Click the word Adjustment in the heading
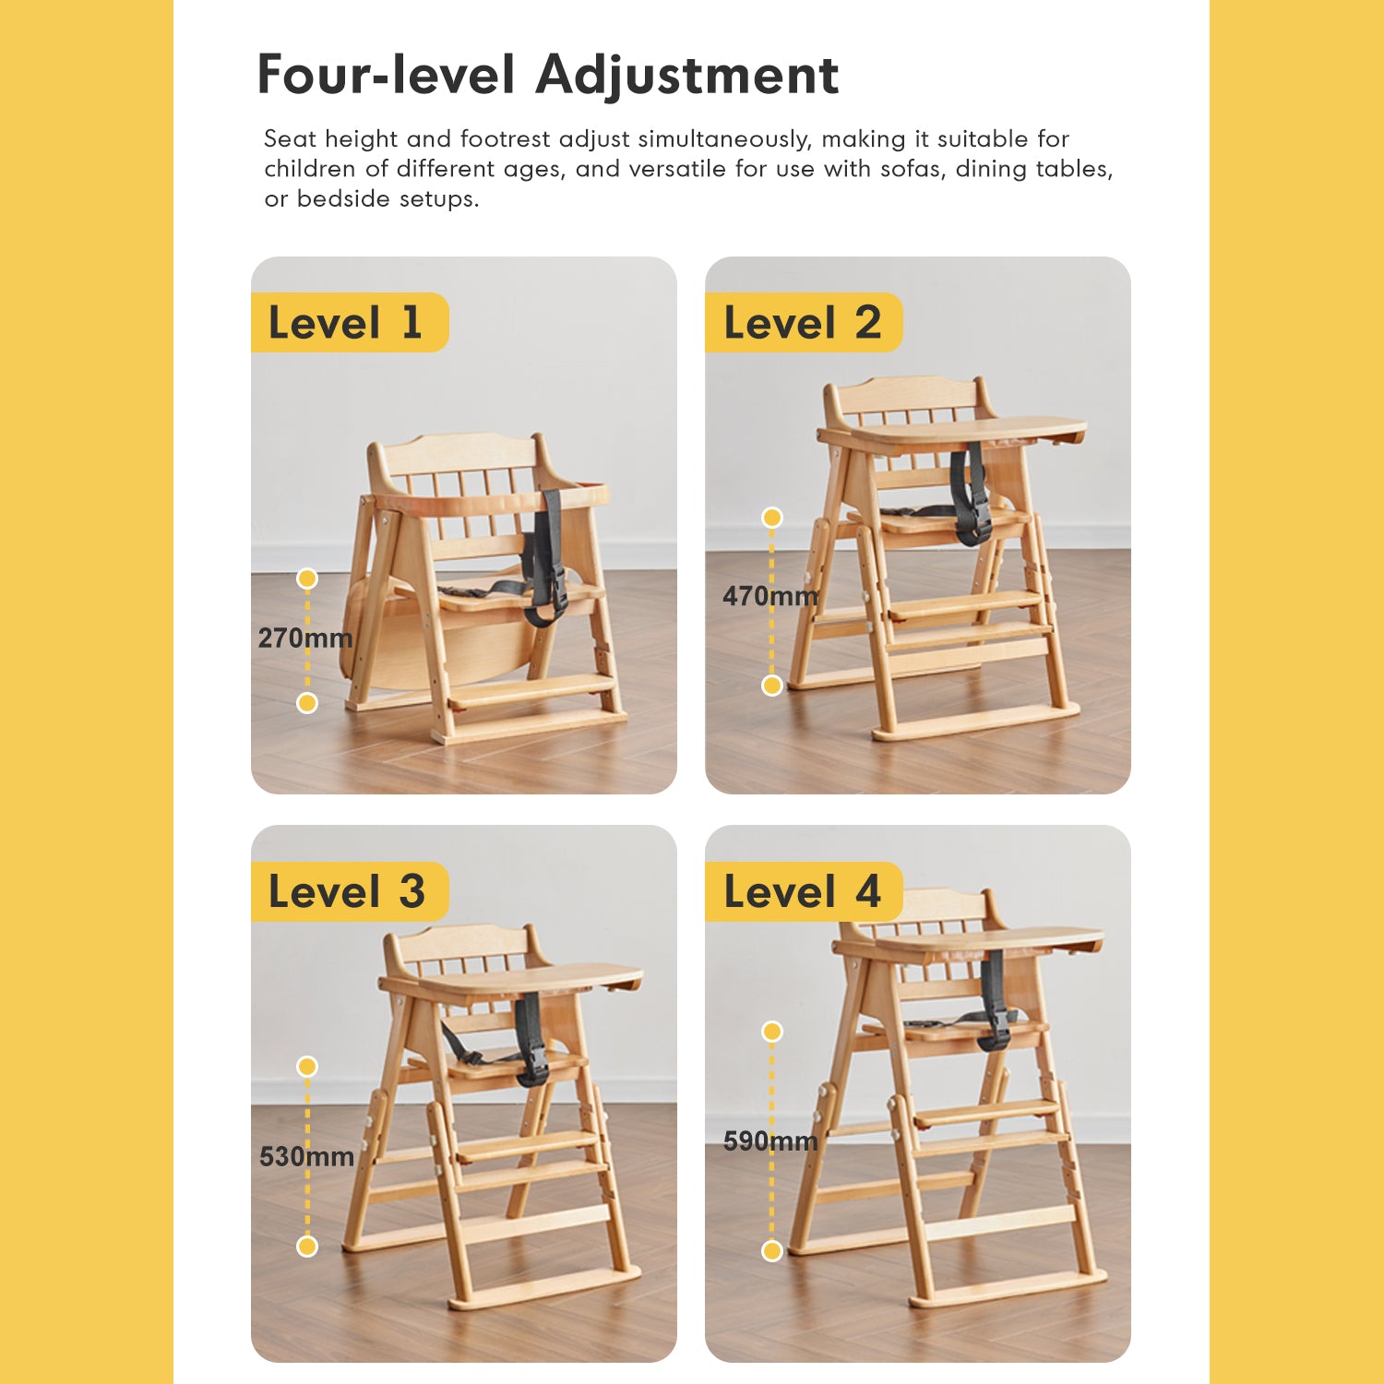[x=687, y=76]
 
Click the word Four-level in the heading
[x=386, y=74]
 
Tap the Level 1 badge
[x=349, y=323]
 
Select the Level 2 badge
[x=803, y=323]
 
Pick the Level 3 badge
[x=349, y=891]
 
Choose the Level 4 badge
[x=803, y=891]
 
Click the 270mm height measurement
[x=305, y=638]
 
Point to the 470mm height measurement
[x=770, y=596]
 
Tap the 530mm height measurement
[x=307, y=1156]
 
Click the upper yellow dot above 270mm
[x=307, y=579]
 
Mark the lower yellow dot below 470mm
[x=772, y=686]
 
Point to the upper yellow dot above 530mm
[x=307, y=1067]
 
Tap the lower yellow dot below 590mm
[x=772, y=1251]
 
